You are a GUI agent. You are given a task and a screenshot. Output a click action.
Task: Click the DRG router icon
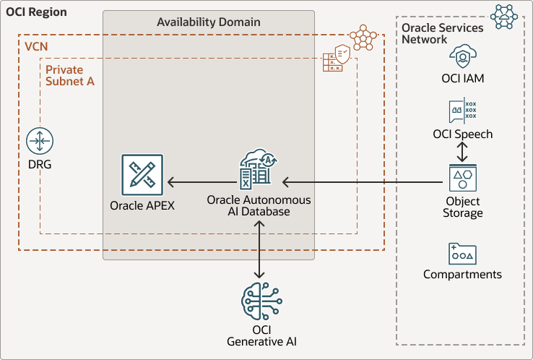pyautogui.click(x=39, y=141)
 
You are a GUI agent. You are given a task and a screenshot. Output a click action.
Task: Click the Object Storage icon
pyautogui.click(x=462, y=178)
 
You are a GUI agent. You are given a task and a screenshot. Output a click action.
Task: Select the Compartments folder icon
pyautogui.click(x=462, y=253)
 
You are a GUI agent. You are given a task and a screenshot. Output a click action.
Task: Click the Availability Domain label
pyautogui.click(x=209, y=22)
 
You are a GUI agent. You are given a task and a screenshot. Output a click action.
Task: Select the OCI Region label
pyautogui.click(x=36, y=12)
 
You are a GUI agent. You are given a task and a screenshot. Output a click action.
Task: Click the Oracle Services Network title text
pyautogui.click(x=432, y=33)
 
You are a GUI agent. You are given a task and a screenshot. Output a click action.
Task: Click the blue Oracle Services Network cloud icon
pyautogui.click(x=503, y=16)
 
